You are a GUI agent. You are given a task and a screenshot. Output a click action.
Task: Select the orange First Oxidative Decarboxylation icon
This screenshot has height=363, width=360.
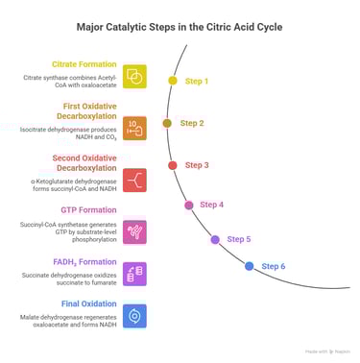click(135, 128)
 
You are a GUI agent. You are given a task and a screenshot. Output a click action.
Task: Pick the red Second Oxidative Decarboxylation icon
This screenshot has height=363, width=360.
click(135, 179)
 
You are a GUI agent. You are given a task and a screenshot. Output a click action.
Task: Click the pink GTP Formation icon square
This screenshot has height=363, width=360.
click(135, 230)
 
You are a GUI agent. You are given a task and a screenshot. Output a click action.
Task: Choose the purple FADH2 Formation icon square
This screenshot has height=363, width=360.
click(135, 274)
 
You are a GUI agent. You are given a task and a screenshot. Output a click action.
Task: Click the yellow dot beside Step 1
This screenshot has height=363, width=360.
click(173, 82)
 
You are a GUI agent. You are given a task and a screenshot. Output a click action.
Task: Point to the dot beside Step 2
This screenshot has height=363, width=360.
click(167, 123)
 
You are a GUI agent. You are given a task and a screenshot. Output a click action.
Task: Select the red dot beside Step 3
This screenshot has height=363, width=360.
click(173, 165)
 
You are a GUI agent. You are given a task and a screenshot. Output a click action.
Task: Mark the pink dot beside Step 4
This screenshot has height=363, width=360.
click(188, 205)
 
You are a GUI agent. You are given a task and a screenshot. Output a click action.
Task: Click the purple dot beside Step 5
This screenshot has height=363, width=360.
click(215, 239)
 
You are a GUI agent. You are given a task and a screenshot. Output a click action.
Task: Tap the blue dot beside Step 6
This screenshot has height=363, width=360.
click(250, 266)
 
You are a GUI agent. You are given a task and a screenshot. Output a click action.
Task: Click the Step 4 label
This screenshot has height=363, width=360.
click(211, 204)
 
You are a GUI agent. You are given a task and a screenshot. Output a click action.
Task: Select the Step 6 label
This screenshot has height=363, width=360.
click(273, 265)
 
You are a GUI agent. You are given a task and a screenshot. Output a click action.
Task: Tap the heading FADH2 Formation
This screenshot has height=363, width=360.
click(84, 261)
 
